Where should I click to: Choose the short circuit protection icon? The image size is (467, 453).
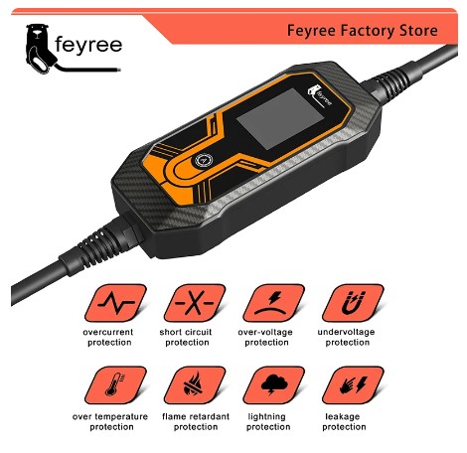tap(184, 297)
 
